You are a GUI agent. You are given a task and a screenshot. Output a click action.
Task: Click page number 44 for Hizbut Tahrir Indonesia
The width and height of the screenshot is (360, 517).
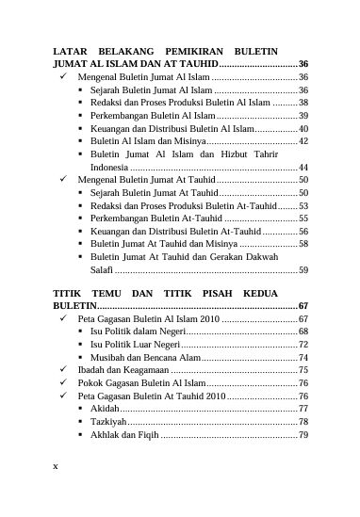(x=303, y=166)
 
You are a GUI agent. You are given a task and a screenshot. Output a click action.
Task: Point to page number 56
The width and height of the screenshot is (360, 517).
(x=303, y=231)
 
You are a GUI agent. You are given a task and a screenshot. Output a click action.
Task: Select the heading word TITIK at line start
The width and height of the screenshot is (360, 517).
(x=68, y=294)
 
